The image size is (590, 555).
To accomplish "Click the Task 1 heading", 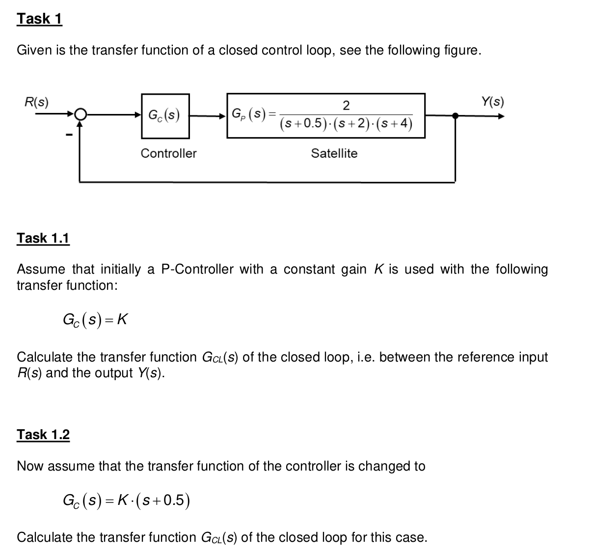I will click(39, 19).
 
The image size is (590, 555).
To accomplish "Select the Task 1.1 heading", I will click(43, 238).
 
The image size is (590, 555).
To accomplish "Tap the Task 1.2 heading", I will click(43, 435).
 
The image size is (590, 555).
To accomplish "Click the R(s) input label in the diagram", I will click(37, 102).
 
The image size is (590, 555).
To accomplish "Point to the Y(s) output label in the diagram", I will click(492, 102).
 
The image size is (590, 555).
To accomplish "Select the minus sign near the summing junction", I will click(70, 135).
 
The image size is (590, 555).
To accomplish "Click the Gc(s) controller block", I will click(164, 116).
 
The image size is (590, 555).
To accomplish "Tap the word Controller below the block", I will click(168, 153).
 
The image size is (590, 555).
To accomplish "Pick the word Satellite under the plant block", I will click(334, 153).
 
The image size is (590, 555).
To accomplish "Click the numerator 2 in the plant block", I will click(346, 105).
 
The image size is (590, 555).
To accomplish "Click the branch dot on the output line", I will click(455, 116).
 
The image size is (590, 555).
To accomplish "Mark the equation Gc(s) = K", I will click(95, 320).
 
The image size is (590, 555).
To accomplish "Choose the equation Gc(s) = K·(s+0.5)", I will click(126, 500).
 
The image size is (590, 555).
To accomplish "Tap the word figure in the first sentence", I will click(460, 50).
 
